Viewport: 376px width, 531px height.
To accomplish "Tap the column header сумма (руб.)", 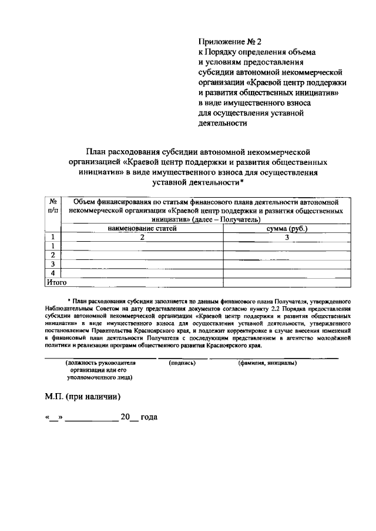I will [x=287, y=228].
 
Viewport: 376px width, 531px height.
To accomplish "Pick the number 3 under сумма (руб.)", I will [x=287, y=237].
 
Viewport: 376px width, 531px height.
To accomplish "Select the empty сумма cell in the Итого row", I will [x=287, y=282].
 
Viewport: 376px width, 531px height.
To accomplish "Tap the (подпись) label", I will [x=182, y=363].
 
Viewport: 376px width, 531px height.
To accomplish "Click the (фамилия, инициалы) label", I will [x=267, y=363].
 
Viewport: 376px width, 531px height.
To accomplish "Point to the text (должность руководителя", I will [x=100, y=363].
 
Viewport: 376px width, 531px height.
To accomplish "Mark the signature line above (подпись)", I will [x=186, y=357].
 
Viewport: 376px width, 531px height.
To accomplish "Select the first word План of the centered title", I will [x=98, y=151].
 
